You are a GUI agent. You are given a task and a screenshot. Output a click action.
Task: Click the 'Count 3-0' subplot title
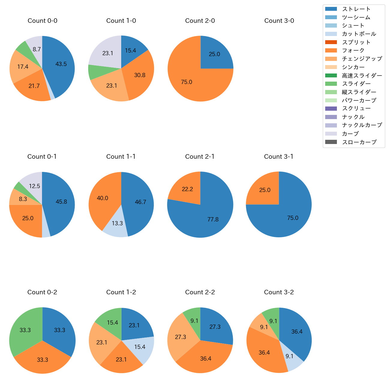click(279, 21)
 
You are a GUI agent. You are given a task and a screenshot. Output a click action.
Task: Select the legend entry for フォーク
click(353, 50)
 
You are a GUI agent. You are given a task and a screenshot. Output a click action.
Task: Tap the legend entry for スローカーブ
click(359, 142)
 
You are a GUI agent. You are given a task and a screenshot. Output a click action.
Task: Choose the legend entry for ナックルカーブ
click(362, 125)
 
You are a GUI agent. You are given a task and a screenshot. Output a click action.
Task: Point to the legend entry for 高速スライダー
click(362, 76)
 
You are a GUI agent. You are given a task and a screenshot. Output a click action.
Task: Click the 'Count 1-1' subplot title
click(121, 157)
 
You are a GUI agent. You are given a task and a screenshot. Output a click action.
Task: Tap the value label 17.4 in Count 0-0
click(23, 67)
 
